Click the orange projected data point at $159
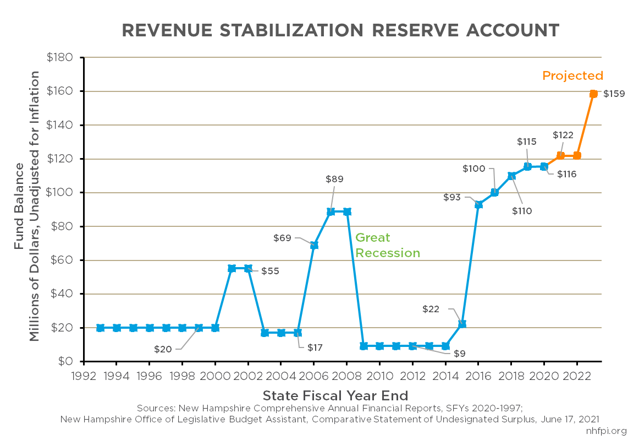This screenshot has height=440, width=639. [x=593, y=94]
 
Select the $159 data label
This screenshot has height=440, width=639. [x=614, y=94]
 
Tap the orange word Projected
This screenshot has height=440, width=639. [x=572, y=76]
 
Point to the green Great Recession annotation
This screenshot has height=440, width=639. [x=387, y=246]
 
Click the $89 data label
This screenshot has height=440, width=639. [x=335, y=179]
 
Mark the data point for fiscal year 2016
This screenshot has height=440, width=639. [x=478, y=204]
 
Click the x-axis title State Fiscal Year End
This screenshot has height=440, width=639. [x=335, y=395]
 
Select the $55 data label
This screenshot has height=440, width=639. [x=270, y=271]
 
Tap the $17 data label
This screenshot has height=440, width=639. [x=315, y=348]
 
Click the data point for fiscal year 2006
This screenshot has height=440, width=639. [x=314, y=245]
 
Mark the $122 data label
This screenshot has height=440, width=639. [x=563, y=135]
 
